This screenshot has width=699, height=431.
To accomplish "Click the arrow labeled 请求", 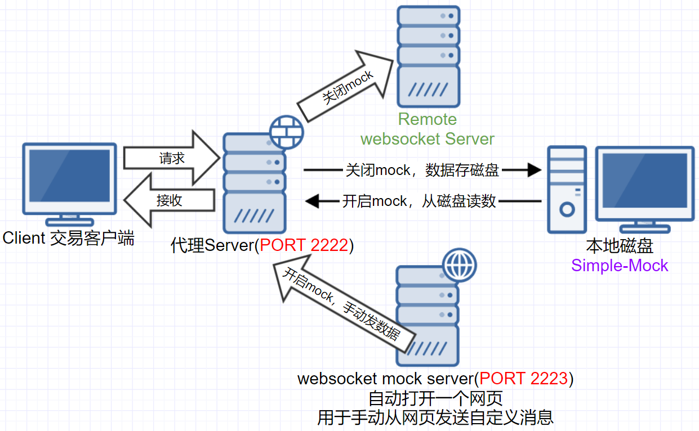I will pos(171,158).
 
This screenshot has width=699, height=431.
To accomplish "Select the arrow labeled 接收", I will pos(169,200).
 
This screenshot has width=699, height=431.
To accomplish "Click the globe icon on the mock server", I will pos(459,264).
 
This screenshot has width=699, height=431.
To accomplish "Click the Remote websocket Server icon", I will pos(428,56).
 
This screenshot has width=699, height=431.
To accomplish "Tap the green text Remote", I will pos(428,119).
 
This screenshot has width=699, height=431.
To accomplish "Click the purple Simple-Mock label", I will pos(620,266).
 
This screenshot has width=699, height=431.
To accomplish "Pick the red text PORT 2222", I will pos(304,246).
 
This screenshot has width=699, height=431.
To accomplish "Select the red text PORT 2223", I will pos(524,379).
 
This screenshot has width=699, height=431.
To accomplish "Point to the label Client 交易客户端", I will pos(69,238).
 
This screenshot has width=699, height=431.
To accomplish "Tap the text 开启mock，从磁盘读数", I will pos(419,201).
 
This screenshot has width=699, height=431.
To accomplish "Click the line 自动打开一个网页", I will pos(435,398).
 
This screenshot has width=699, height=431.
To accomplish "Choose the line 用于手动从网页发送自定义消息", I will pos(435,417).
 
